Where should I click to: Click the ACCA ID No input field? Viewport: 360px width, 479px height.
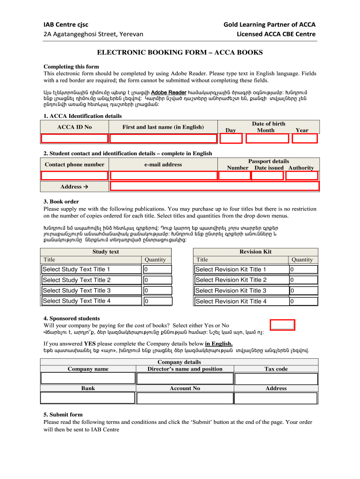tap(74, 138)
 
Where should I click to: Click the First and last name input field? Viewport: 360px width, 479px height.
tap(163, 138)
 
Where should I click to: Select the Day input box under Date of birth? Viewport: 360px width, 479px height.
tap(231, 138)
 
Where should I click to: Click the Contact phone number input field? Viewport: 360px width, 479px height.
tap(74, 175)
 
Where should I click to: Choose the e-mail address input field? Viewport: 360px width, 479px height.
tap(163, 175)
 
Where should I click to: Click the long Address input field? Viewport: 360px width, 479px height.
tap(214, 187)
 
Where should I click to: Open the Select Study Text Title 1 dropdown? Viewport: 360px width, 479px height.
tap(91, 269)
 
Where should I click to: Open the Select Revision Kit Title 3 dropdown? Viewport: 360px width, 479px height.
tap(240, 290)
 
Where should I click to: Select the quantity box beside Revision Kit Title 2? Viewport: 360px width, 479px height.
tap(303, 280)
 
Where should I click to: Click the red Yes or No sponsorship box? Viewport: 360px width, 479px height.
tap(283, 325)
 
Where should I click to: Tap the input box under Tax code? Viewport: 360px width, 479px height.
tap(276, 378)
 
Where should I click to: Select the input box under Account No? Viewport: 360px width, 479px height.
tap(184, 398)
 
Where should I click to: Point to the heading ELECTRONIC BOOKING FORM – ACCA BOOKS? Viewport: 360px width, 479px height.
tap(180, 53)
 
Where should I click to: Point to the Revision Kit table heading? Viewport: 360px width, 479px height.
tap(255, 252)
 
